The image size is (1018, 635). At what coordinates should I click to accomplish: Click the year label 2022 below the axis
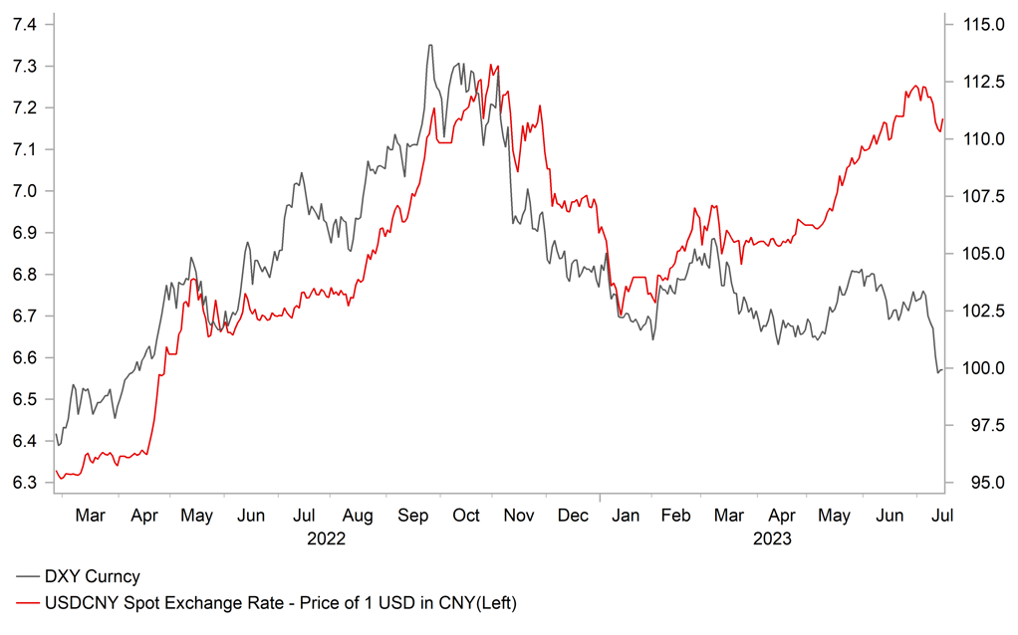326,539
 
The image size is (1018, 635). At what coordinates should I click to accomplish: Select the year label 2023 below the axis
772,539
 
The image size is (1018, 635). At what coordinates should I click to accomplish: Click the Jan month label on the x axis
626,516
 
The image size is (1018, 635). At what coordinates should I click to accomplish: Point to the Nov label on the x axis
519,516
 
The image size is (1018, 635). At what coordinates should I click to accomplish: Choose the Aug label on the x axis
357,516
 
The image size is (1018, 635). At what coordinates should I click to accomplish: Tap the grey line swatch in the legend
27,576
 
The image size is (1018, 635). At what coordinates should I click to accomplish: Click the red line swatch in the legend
27,602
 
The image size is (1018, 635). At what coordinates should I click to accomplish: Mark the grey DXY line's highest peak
430,45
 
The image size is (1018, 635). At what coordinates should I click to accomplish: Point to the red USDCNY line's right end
942,119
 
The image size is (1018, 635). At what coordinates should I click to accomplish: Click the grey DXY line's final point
942,369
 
